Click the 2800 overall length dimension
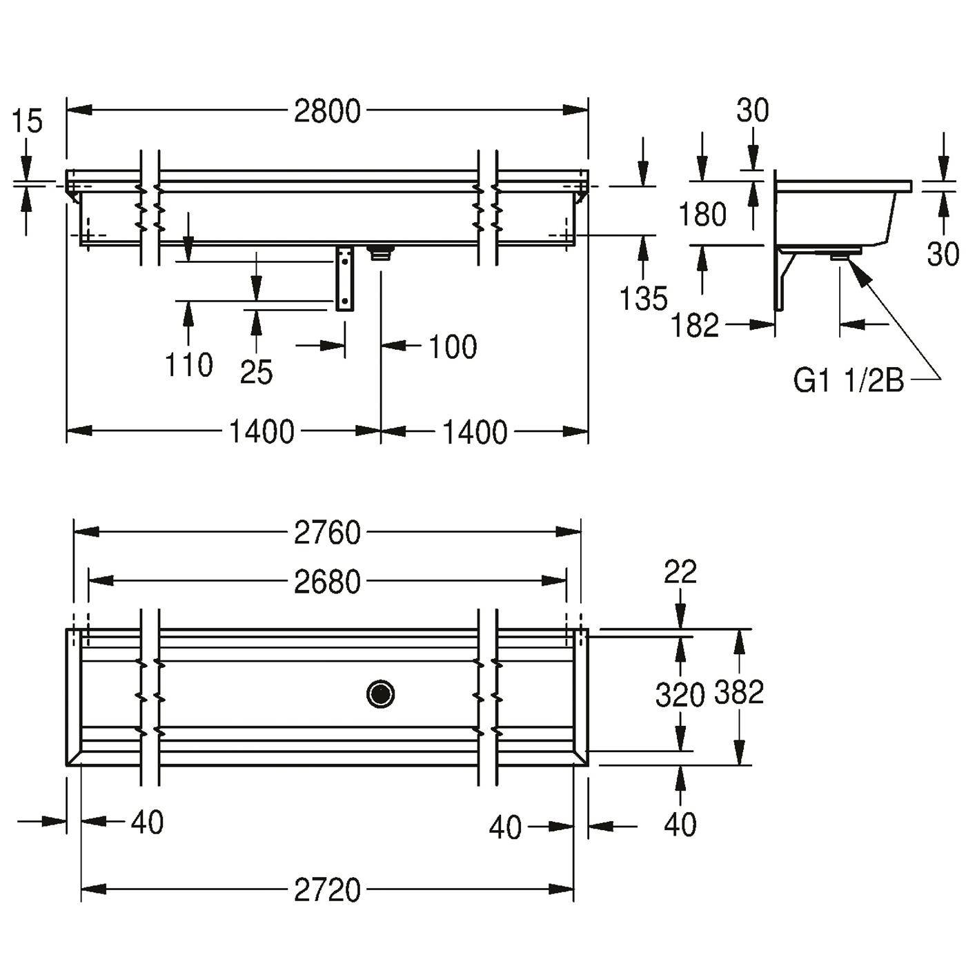[327, 111]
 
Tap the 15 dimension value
[27, 122]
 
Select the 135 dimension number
[644, 298]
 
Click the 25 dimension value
[256, 372]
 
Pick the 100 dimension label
[453, 346]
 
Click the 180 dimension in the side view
[702, 214]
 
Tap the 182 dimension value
[694, 325]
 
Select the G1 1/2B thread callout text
[848, 380]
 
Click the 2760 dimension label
[327, 533]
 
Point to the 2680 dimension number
[327, 582]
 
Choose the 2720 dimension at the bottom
[327, 889]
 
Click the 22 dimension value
[680, 572]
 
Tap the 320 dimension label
[680, 695]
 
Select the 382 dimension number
[738, 692]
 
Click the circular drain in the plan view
[380, 694]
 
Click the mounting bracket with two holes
[344, 279]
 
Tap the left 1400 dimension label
[262, 432]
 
